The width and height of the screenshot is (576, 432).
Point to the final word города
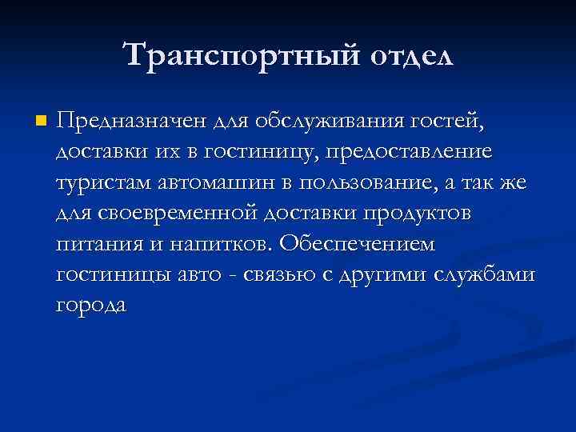[x=91, y=305]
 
